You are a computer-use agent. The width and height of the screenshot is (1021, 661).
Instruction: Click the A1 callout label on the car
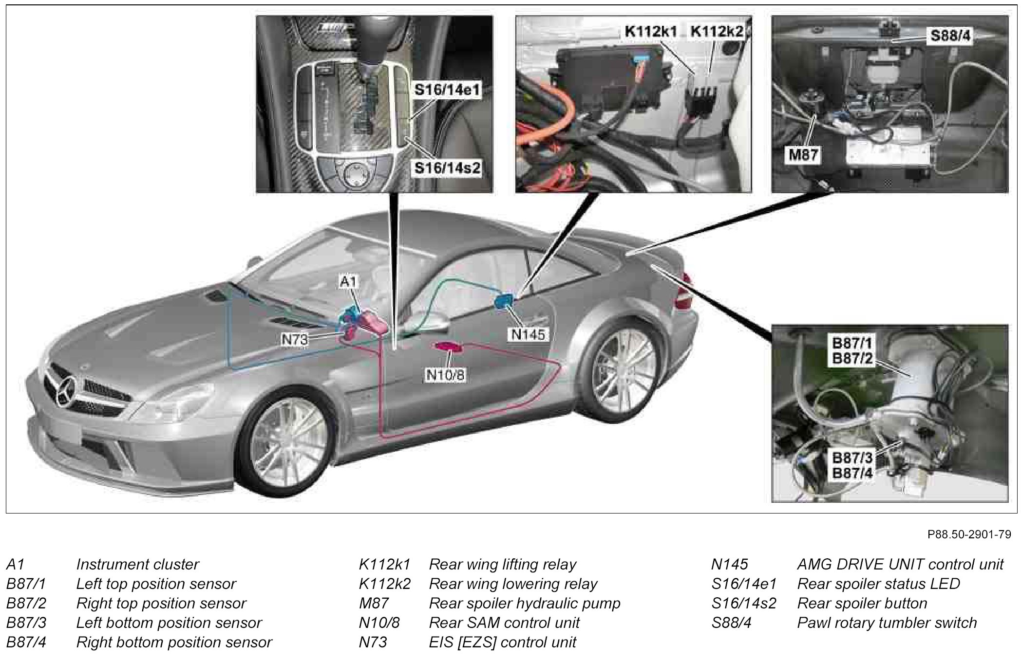point(349,281)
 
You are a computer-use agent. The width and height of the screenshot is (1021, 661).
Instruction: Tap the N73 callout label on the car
point(295,339)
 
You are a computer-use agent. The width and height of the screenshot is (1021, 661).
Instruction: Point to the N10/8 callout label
point(445,375)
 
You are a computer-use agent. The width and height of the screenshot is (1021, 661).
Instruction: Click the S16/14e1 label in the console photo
point(447,90)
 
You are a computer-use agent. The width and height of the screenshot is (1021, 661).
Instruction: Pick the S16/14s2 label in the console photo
point(447,168)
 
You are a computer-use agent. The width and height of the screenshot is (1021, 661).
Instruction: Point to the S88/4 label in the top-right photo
point(950,36)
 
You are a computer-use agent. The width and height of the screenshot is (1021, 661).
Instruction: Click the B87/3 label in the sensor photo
point(852,458)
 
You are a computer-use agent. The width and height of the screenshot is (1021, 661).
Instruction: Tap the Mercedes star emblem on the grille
point(66,391)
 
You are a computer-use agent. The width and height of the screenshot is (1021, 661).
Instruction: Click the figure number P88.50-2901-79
point(969,534)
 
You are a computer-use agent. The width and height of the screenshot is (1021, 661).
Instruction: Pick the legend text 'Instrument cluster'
point(137,564)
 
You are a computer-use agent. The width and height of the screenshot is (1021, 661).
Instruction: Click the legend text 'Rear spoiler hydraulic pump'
point(525,603)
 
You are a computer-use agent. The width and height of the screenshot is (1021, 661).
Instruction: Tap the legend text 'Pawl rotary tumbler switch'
point(887,623)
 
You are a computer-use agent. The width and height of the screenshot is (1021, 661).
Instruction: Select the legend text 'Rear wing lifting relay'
point(502,564)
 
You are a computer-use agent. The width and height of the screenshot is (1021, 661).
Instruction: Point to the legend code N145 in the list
point(729,564)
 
